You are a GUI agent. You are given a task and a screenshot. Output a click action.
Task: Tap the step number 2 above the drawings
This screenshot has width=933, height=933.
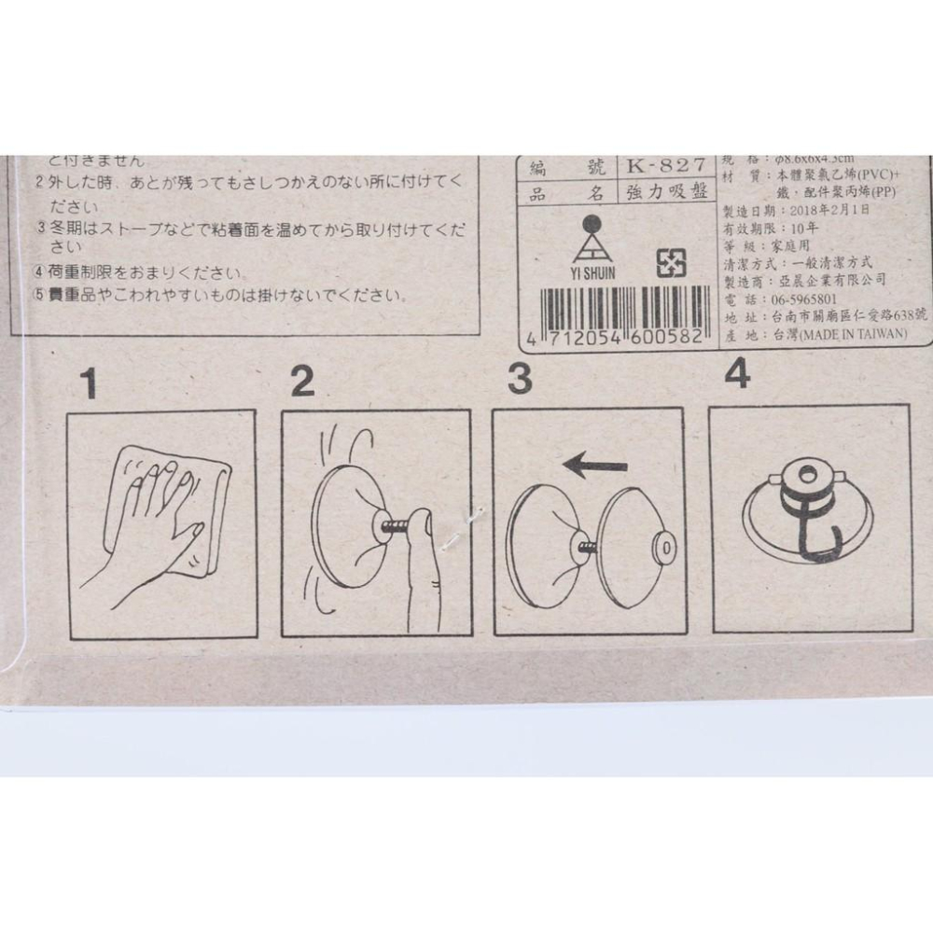(x=302, y=381)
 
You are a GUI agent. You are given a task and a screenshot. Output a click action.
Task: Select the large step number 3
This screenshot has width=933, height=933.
(x=520, y=379)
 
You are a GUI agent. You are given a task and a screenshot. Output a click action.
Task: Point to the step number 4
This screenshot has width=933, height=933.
(x=737, y=375)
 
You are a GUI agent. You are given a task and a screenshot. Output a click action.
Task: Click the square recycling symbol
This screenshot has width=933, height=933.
(x=670, y=264)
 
